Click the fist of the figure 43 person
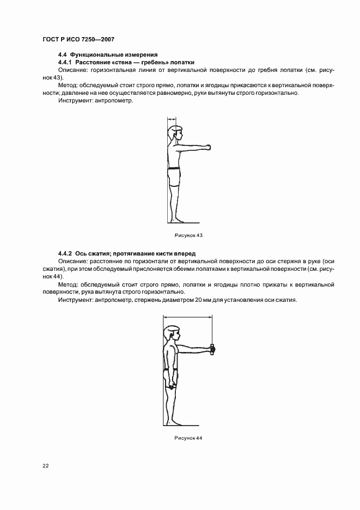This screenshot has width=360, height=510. click(x=207, y=147)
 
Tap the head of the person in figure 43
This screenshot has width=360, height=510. click(x=176, y=132)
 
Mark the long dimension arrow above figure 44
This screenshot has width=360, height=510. click(x=188, y=320)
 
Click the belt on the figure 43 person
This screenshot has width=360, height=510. click(x=173, y=169)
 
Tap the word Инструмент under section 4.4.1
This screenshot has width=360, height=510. click(x=74, y=101)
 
